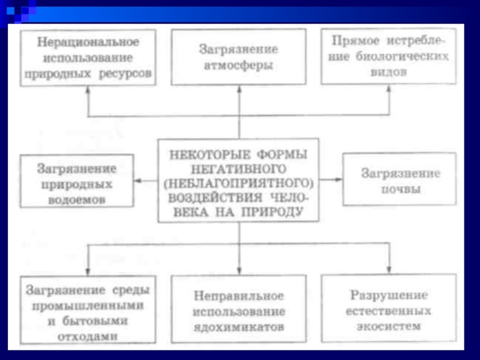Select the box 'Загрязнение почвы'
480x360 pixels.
coord(399,180)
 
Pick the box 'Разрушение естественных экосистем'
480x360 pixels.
coord(389,309)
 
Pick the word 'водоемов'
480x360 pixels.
coord(76,199)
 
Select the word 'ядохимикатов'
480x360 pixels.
coord(239,327)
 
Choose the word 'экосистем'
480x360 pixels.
coord(389,326)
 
